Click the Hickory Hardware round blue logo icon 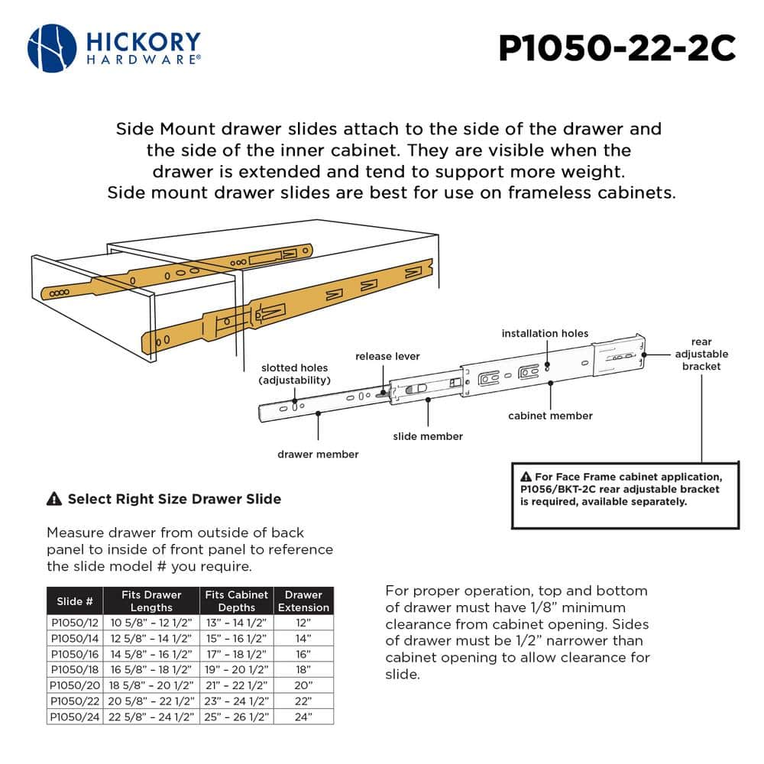[52, 48]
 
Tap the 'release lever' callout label [387, 356]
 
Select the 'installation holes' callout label [545, 333]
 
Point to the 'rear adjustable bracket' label [701, 354]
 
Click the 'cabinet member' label [550, 416]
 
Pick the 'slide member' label [428, 436]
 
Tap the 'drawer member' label [318, 454]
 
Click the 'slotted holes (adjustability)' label [294, 374]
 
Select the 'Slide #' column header [74, 601]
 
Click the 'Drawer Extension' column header [303, 601]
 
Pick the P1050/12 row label [74, 623]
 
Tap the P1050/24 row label [74, 717]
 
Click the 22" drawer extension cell [303, 701]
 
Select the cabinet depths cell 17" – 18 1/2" [237, 654]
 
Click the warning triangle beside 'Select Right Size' [54, 500]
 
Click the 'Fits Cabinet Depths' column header [237, 601]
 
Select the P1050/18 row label [74, 669]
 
